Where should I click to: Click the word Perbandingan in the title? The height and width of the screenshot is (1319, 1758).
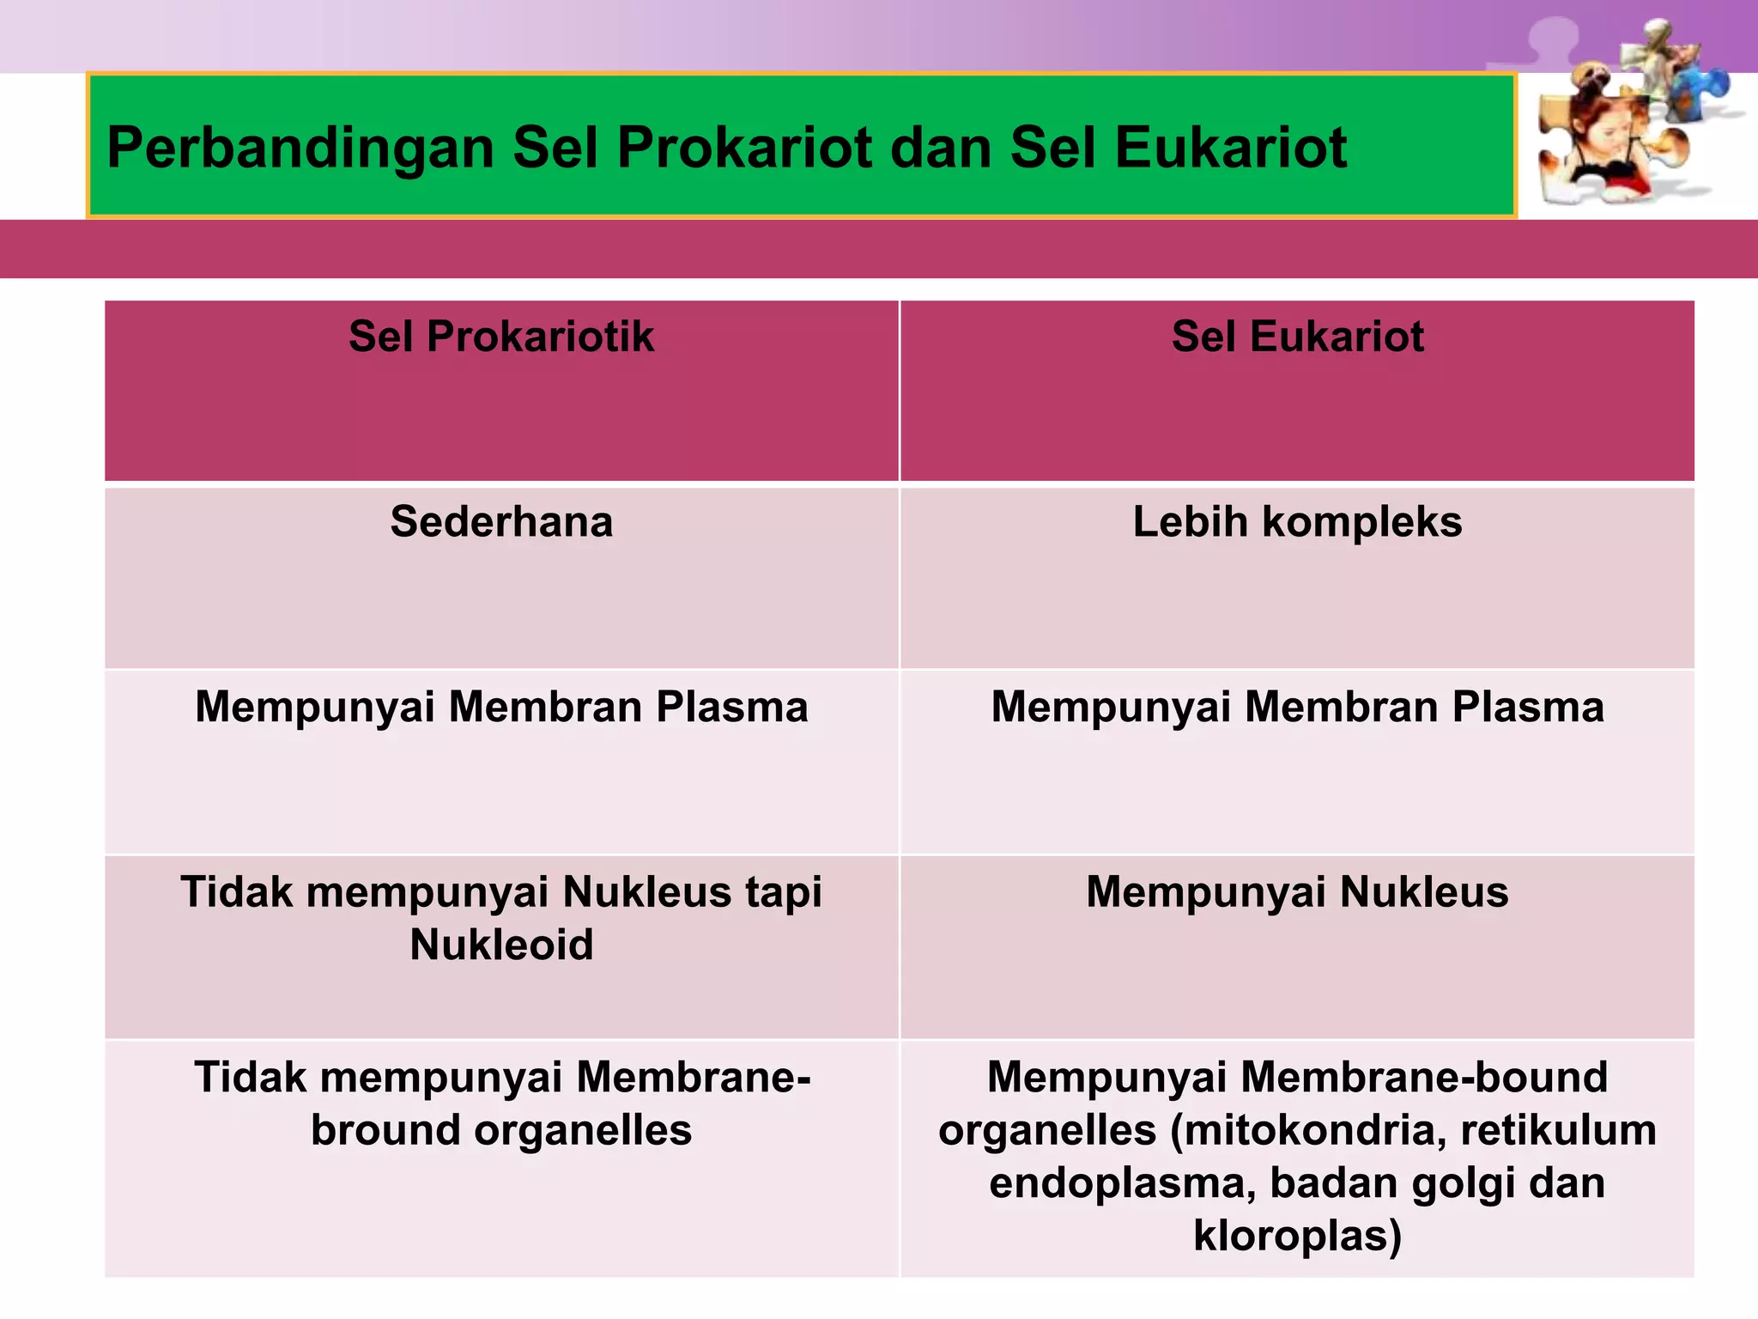pyautogui.click(x=300, y=149)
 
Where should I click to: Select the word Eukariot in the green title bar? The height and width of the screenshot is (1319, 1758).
pyautogui.click(x=1230, y=149)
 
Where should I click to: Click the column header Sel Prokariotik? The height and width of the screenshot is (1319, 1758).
pyautogui.click(x=501, y=337)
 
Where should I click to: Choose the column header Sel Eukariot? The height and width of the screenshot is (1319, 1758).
pyautogui.click(x=1297, y=337)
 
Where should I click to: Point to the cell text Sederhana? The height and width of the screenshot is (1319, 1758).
pyautogui.click(x=501, y=522)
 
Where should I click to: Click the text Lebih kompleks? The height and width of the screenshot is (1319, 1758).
pyautogui.click(x=1297, y=522)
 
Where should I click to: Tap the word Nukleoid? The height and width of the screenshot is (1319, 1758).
pyautogui.click(x=501, y=945)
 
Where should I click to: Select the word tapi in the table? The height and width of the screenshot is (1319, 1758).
pyautogui.click(x=783, y=893)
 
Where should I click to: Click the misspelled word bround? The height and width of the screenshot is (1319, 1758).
pyautogui.click(x=384, y=1131)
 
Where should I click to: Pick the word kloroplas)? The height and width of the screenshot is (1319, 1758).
pyautogui.click(x=1297, y=1237)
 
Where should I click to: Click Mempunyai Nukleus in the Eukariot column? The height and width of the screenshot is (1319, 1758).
pyautogui.click(x=1297, y=892)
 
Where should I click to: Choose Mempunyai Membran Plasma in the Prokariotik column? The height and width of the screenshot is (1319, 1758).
pyautogui.click(x=501, y=708)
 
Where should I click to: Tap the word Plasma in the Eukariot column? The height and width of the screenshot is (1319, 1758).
pyautogui.click(x=1527, y=708)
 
